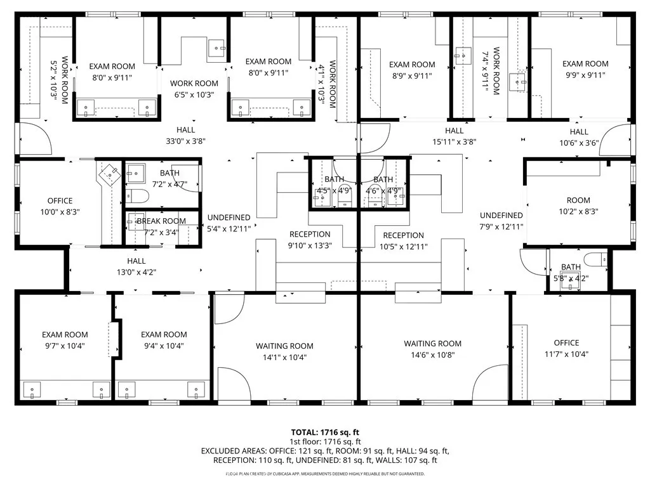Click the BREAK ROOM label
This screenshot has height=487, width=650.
(161, 221)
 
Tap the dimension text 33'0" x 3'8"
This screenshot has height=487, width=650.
(186, 141)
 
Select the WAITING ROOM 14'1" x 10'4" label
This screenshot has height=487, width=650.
(284, 351)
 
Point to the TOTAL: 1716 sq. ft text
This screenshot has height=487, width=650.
(325, 432)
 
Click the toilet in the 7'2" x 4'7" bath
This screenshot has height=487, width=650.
(137, 195)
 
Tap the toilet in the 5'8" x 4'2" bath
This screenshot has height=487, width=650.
(595, 259)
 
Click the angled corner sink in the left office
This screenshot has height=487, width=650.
(110, 174)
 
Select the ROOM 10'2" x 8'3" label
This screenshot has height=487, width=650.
(578, 206)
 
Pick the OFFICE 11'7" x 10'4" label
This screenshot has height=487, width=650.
(566, 348)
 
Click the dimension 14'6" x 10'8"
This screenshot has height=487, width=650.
(433, 355)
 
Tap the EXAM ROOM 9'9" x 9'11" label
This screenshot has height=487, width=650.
(585, 69)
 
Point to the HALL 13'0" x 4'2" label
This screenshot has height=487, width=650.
(136, 267)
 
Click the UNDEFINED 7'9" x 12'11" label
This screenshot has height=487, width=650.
(501, 221)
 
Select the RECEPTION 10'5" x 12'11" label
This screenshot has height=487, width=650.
(403, 240)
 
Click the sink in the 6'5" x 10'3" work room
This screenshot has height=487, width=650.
(216, 48)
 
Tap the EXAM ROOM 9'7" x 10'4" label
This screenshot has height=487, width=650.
(65, 340)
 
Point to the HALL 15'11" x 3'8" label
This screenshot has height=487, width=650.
(454, 136)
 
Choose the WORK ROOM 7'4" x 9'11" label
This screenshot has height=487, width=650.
(491, 71)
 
